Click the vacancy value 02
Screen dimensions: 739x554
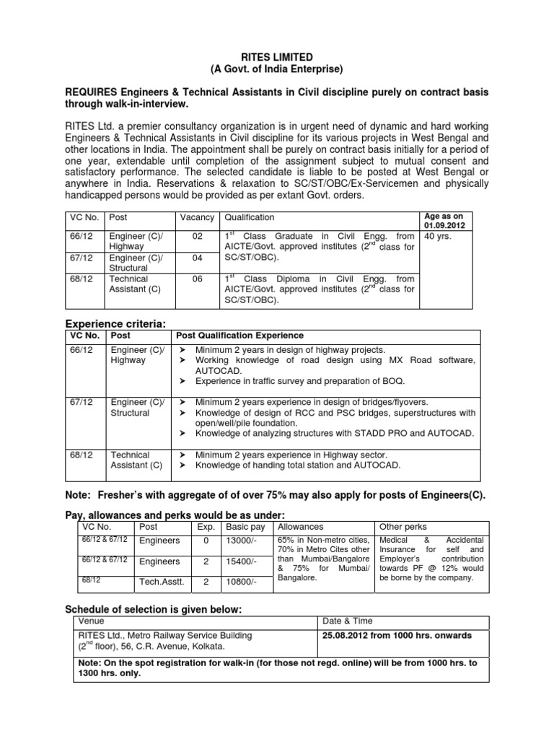tap(197, 235)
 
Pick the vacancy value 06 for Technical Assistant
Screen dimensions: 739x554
tap(197, 279)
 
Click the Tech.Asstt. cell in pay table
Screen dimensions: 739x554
tap(162, 581)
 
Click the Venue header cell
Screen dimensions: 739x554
tap(89, 621)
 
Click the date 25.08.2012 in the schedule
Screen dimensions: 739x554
tap(348, 635)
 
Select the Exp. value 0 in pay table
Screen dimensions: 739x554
tap(206, 540)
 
